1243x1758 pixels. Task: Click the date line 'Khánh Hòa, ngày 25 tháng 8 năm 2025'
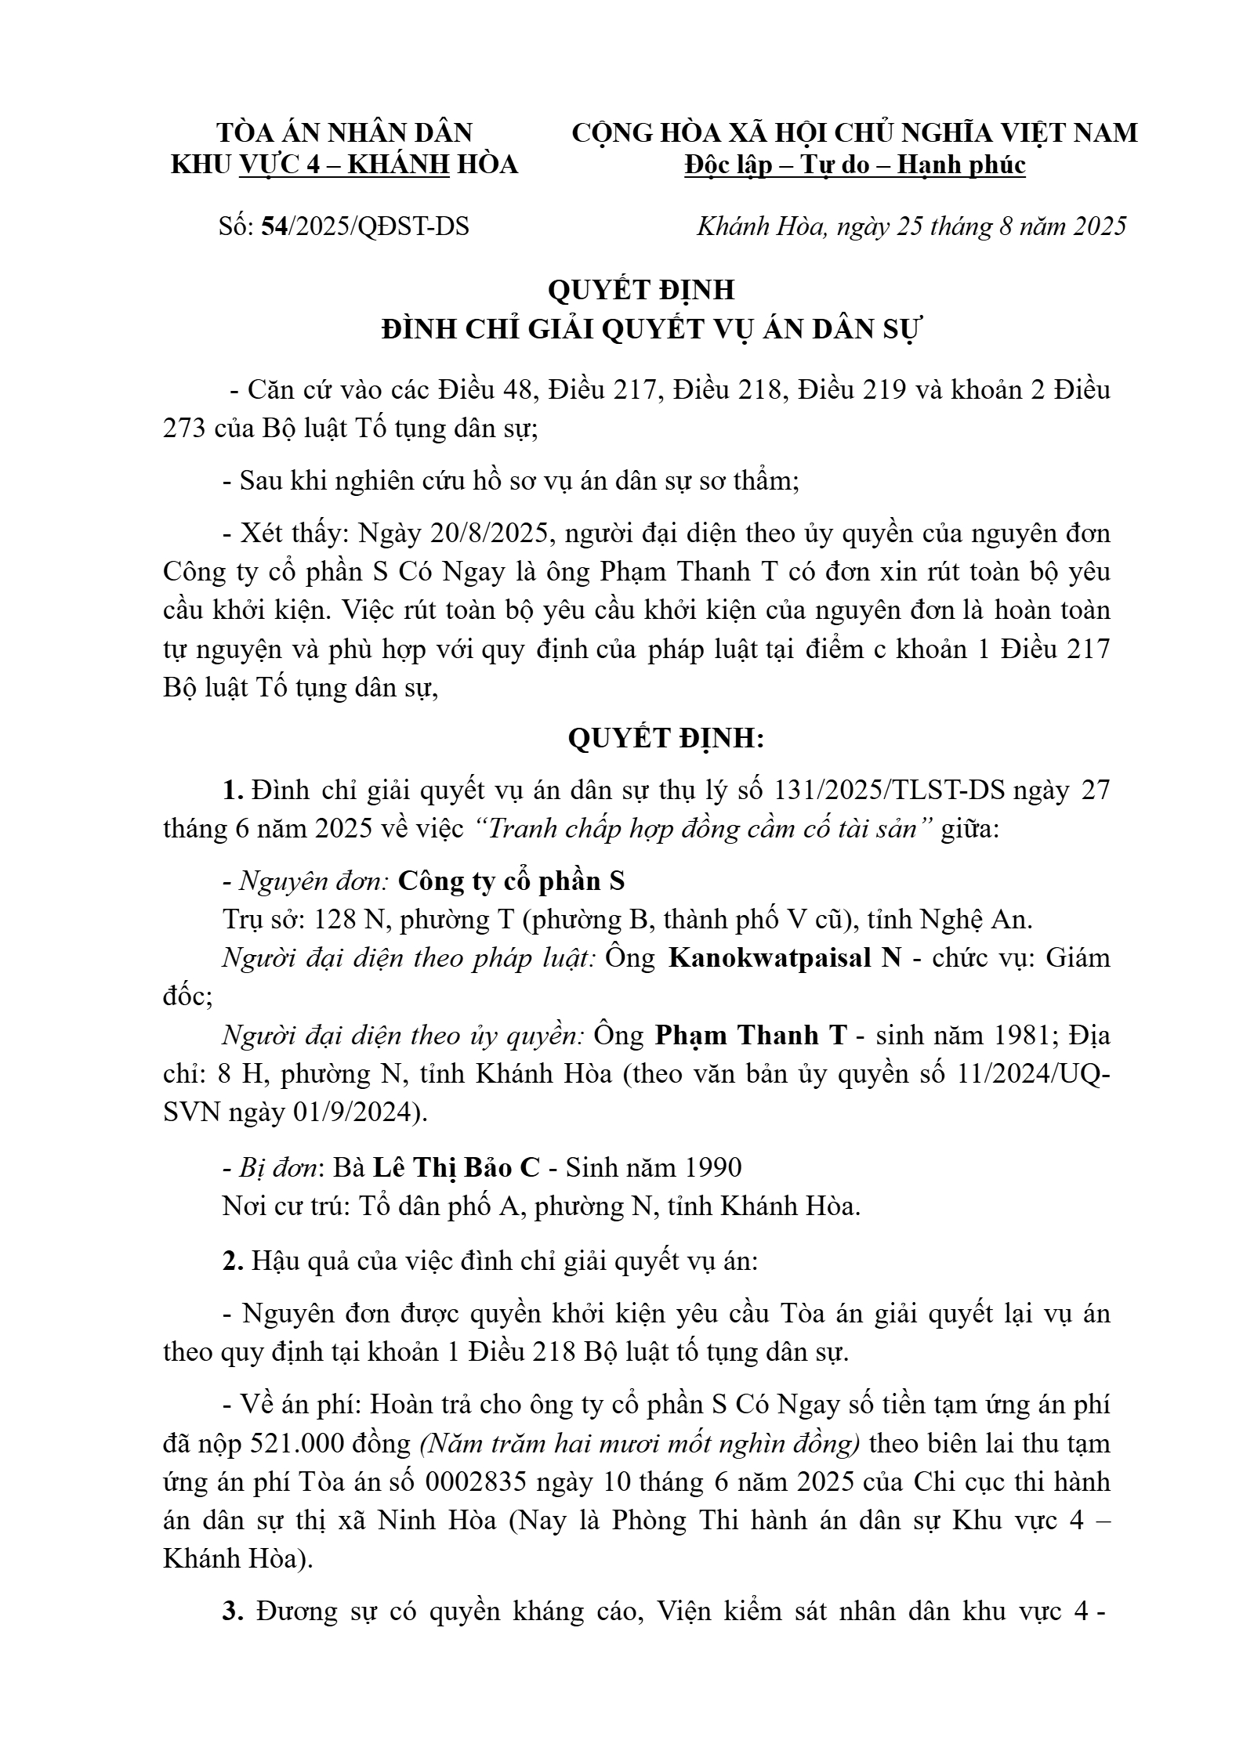click(911, 226)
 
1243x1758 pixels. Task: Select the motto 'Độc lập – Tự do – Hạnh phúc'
click(854, 165)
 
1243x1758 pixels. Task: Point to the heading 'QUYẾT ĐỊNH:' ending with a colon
click(665, 739)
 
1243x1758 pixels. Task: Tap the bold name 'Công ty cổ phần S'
click(511, 881)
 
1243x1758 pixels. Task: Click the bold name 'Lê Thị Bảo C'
click(456, 1167)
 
